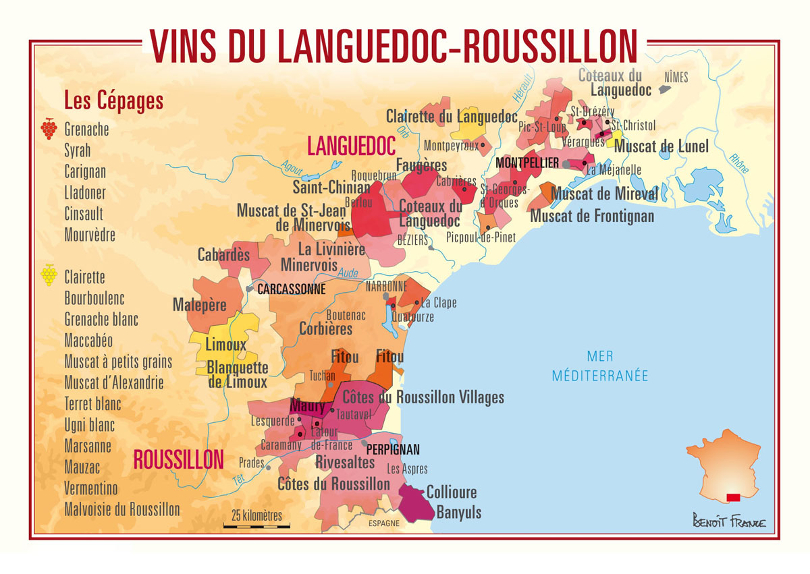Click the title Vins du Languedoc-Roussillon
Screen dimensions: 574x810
(394, 46)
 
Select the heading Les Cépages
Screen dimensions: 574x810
(113, 101)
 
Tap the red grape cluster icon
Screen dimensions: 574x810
(49, 128)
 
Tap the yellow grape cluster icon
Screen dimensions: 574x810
(49, 274)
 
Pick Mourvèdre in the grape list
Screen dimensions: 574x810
(90, 235)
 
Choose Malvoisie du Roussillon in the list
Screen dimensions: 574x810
(122, 509)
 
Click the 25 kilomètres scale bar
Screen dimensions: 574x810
(256, 524)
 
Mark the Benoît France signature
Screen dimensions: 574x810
(728, 521)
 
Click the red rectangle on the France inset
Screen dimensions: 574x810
(732, 498)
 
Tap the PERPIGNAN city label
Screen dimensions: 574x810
(393, 449)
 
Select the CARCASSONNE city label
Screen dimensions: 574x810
(291, 289)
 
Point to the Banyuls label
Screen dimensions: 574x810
(459, 512)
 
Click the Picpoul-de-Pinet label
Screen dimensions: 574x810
(481, 237)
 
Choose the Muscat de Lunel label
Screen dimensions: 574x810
(661, 146)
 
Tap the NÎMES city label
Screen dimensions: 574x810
(676, 78)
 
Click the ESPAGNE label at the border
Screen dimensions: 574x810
(383, 523)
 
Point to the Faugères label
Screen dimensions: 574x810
(421, 165)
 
